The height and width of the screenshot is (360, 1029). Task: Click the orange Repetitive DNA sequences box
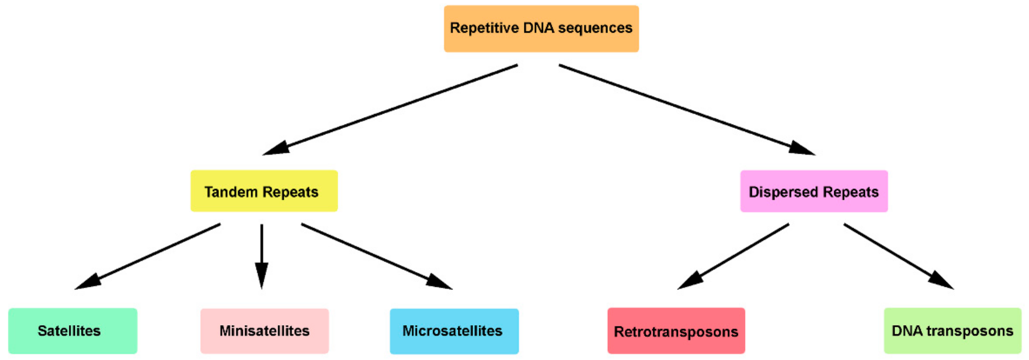pos(541,28)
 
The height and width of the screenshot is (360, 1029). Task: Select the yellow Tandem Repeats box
pos(264,191)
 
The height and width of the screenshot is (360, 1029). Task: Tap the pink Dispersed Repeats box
pos(814,191)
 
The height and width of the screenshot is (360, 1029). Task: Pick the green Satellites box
pos(73,331)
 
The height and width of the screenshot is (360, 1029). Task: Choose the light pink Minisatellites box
pos(264,331)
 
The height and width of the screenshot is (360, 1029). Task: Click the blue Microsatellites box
pos(454,331)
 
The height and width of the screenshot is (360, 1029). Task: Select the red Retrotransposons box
pos(676,331)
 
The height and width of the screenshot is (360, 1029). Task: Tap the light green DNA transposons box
pos(952,331)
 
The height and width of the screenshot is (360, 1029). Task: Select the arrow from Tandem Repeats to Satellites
pos(148,256)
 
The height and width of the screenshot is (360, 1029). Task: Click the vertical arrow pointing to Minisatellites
pos(262,256)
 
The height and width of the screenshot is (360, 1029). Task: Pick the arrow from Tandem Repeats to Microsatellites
pos(376,256)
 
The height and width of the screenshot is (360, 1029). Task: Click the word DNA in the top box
pos(538,28)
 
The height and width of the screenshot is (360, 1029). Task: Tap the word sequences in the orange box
pos(595,28)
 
